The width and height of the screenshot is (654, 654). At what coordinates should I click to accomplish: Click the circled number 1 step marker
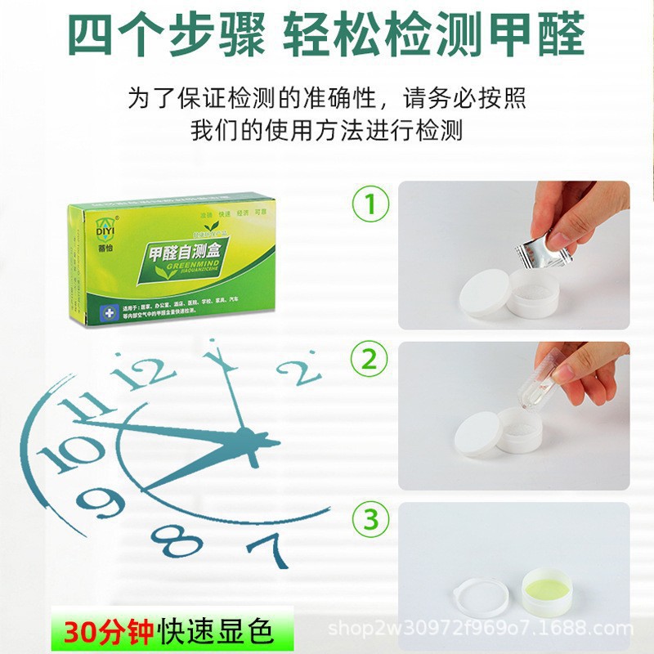pyautogui.click(x=370, y=205)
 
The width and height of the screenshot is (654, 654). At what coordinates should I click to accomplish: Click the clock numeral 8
pyautogui.click(x=175, y=540)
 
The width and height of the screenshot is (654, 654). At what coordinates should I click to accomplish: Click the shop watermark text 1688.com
pyautogui.click(x=601, y=629)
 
